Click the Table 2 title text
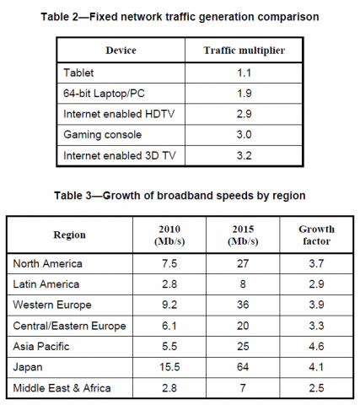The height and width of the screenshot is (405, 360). [180, 16]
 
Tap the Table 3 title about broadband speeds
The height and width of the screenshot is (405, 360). [180, 196]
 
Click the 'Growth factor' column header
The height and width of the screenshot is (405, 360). [316, 235]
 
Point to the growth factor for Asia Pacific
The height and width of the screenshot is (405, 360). [316, 346]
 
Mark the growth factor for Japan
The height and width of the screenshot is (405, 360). [316, 367]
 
